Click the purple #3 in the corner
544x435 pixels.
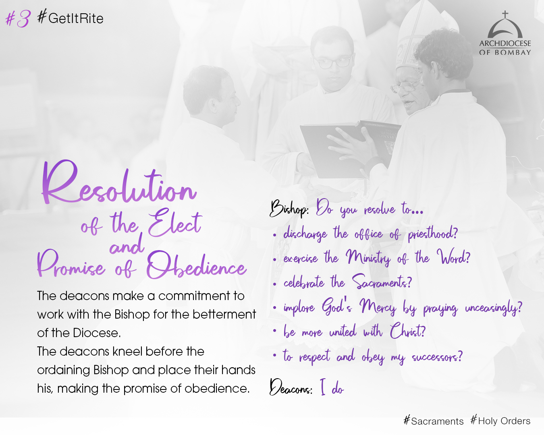pyautogui.click(x=18, y=19)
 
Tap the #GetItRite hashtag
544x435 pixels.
pyautogui.click(x=70, y=17)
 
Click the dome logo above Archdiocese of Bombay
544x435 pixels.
pyautogui.click(x=505, y=25)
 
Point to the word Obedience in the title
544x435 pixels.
pyautogui.click(x=196, y=265)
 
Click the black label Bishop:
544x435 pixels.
pyautogui.click(x=289, y=209)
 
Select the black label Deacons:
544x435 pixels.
pyautogui.click(x=291, y=387)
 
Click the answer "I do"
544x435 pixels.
pyautogui.click(x=332, y=387)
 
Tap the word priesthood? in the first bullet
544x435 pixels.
pyautogui.click(x=433, y=234)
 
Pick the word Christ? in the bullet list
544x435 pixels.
pyautogui.click(x=407, y=331)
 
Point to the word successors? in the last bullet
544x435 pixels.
pyautogui.click(x=437, y=357)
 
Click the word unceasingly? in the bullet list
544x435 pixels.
pyautogui.click(x=494, y=309)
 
